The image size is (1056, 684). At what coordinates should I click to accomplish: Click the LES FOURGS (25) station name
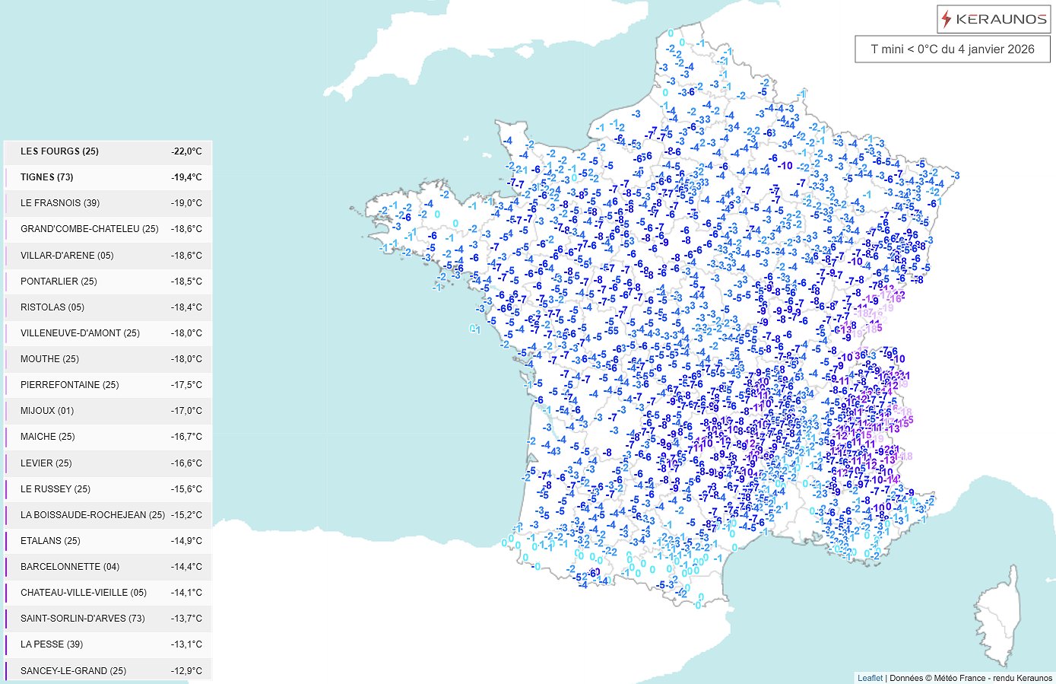[60, 151]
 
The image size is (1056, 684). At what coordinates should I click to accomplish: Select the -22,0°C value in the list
[186, 151]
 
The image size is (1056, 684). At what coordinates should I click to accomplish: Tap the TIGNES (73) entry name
[47, 177]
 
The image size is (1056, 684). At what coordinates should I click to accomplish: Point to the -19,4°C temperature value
[186, 177]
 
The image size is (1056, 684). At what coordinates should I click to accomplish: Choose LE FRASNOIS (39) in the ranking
[60, 203]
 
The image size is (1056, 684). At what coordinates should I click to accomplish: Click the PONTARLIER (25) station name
[59, 282]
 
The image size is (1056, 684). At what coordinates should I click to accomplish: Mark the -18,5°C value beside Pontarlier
[186, 282]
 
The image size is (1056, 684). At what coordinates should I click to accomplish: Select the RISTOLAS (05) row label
[52, 307]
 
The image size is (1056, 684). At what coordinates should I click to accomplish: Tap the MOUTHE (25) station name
[49, 359]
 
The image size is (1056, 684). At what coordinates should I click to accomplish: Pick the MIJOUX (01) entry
[47, 411]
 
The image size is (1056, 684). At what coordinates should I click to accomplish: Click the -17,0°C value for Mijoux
[186, 411]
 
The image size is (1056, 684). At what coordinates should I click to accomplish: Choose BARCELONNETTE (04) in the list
[70, 567]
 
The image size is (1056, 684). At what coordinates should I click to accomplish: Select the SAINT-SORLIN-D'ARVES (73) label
[83, 619]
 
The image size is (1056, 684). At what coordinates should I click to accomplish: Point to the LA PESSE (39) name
[52, 644]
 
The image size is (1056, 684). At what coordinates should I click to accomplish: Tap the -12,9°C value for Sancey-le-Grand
[186, 671]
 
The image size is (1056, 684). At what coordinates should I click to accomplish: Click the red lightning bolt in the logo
[947, 19]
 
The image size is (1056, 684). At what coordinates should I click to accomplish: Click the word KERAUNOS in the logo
[1001, 20]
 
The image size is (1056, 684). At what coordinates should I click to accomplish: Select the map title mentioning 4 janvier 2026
[953, 49]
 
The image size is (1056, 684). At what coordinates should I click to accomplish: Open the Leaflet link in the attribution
[870, 678]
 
